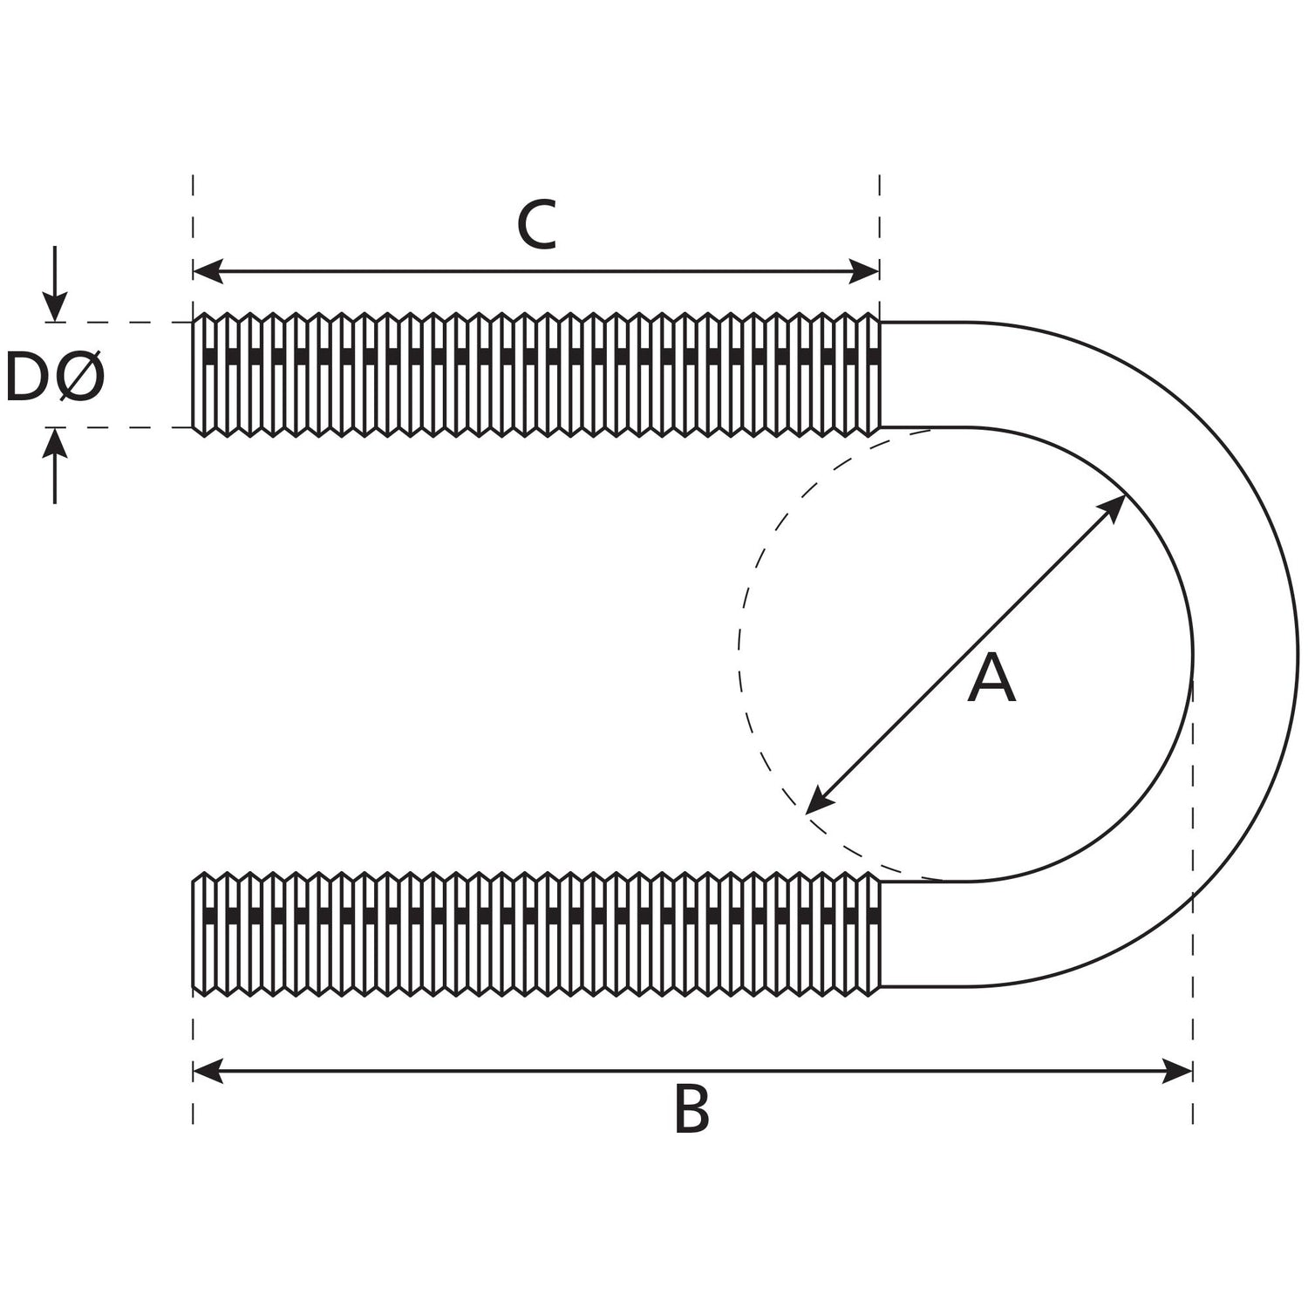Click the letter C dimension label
(x=536, y=225)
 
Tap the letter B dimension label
(x=691, y=1109)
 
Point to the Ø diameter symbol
(x=80, y=378)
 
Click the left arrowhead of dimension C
(x=206, y=271)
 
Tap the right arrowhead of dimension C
(x=866, y=271)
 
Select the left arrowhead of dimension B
(x=206, y=1071)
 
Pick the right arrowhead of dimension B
(x=1179, y=1071)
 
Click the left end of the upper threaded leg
(x=194, y=375)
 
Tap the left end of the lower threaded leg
(x=194, y=933)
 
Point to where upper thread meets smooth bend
(x=880, y=375)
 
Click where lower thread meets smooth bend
(x=880, y=933)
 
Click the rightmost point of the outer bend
(x=1298, y=654)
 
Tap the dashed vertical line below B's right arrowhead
(x=1192, y=1103)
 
